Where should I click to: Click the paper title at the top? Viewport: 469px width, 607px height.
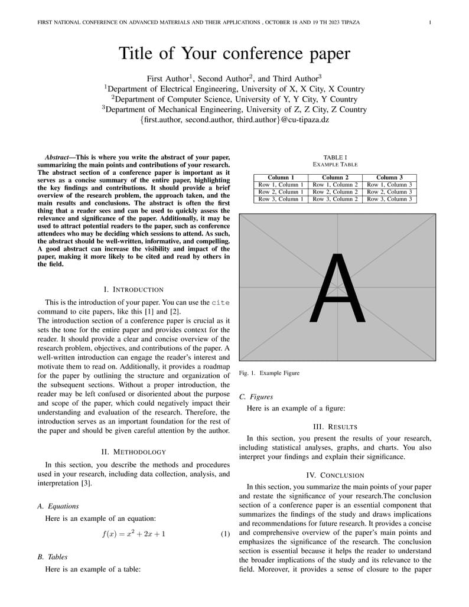[234, 54]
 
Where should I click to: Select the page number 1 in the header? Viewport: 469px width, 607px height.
[430, 22]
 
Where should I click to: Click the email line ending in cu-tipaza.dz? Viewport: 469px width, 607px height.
[234, 120]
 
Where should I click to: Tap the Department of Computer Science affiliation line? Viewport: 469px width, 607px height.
[234, 99]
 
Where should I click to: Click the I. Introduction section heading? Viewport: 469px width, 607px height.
[133, 289]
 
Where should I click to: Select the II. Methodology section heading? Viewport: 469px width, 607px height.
[133, 452]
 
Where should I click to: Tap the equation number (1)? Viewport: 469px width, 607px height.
[225, 534]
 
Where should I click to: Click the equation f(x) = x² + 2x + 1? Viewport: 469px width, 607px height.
[133, 534]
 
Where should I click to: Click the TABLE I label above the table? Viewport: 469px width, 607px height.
[335, 157]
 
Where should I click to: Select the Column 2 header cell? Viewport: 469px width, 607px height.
[335, 177]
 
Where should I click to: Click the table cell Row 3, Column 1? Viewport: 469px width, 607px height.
[281, 199]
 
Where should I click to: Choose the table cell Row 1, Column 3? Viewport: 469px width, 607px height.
[389, 185]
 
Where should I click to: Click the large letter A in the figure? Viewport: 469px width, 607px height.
[337, 288]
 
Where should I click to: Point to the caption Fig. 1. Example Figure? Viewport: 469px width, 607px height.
[269, 373]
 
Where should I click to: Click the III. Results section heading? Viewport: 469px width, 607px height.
[335, 427]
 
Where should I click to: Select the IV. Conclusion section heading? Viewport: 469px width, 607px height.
[335, 475]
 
